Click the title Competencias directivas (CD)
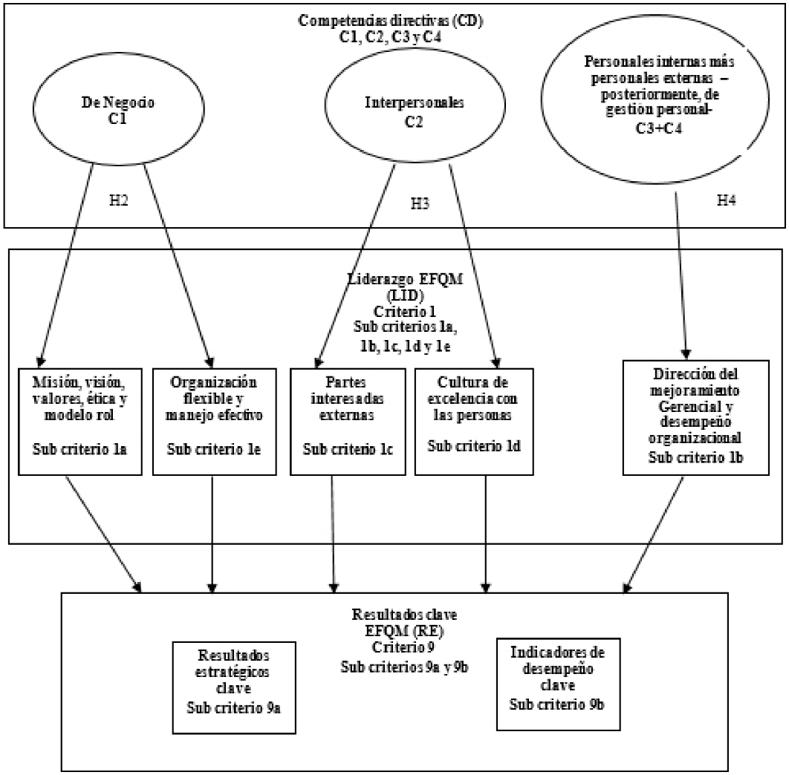click(x=391, y=20)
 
